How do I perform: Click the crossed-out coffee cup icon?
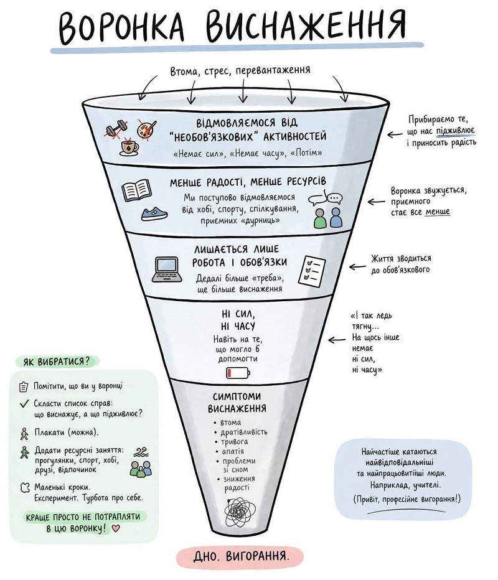tap(129, 146)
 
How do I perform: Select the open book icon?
tap(136, 190)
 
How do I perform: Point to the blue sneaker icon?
tap(154, 213)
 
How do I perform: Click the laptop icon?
tap(167, 269)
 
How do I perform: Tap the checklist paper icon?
tap(312, 270)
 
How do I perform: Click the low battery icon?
tap(238, 373)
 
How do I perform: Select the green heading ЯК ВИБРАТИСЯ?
tap(57, 361)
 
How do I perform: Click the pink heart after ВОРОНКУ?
tap(116, 528)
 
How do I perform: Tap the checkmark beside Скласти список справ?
tap(24, 403)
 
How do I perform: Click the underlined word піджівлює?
tap(456, 131)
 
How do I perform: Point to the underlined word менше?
tap(438, 212)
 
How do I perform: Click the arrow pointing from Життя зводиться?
tap(357, 267)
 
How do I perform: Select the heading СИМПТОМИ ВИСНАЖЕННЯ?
tap(237, 403)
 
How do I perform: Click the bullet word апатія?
tap(233, 451)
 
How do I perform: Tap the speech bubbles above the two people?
tap(326, 198)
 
